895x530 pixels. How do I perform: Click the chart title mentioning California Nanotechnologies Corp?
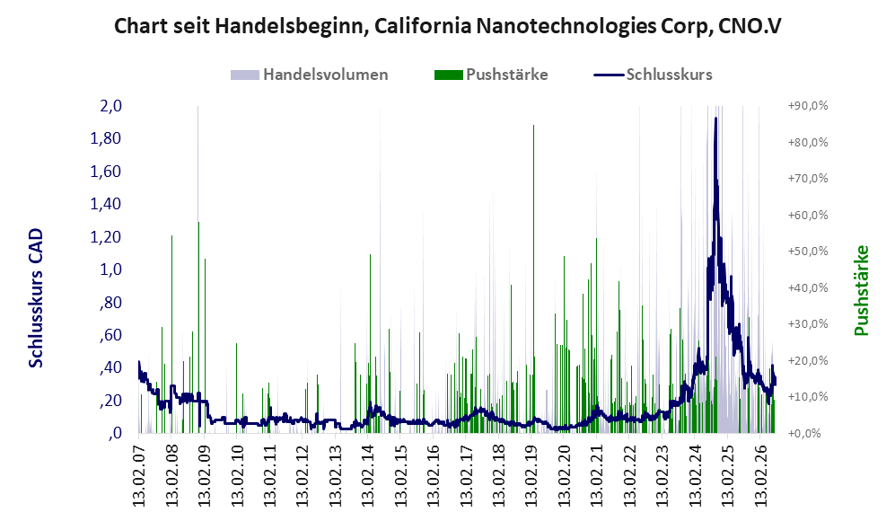click(447, 26)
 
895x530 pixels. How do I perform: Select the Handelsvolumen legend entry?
click(310, 75)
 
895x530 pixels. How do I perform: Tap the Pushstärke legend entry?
click(491, 75)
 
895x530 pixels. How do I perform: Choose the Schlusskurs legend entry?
click(653, 75)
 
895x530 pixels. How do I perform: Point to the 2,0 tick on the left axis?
click(110, 106)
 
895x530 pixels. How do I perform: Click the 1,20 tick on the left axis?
click(106, 236)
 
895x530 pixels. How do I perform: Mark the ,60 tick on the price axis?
click(110, 335)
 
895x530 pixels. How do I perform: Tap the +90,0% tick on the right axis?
click(808, 106)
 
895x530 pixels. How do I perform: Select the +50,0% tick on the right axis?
click(808, 252)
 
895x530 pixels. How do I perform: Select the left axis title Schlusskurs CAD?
click(36, 298)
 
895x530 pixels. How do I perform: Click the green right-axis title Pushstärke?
click(861, 290)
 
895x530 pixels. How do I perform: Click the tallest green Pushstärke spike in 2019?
click(534, 278)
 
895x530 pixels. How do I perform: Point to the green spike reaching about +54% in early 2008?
click(171, 334)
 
